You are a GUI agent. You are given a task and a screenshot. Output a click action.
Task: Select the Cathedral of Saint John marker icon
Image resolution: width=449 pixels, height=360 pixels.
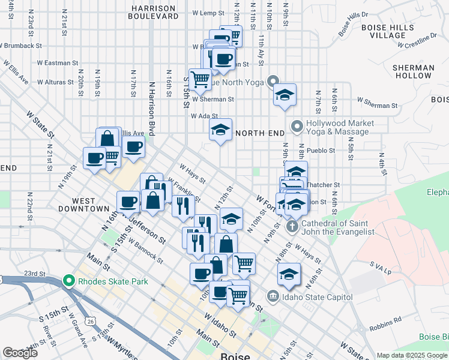pyautogui.click(x=292, y=227)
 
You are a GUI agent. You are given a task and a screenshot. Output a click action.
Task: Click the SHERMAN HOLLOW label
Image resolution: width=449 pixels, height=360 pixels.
pyautogui.click(x=413, y=72)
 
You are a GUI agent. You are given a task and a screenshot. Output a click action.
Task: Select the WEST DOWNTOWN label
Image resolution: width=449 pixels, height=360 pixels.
pyautogui.click(x=82, y=204)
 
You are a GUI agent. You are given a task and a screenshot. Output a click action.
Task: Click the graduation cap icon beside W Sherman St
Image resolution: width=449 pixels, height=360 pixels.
pyautogui.click(x=285, y=95)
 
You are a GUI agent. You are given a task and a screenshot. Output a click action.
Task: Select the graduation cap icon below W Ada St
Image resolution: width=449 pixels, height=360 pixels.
pyautogui.click(x=220, y=130)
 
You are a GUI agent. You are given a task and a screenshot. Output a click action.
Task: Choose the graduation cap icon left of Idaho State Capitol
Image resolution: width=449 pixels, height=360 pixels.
pyautogui.click(x=289, y=274)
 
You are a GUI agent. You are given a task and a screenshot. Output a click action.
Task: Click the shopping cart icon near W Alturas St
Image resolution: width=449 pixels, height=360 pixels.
pyautogui.click(x=200, y=77)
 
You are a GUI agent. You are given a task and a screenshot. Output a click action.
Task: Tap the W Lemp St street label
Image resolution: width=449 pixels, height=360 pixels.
pyautogui.click(x=208, y=13)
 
